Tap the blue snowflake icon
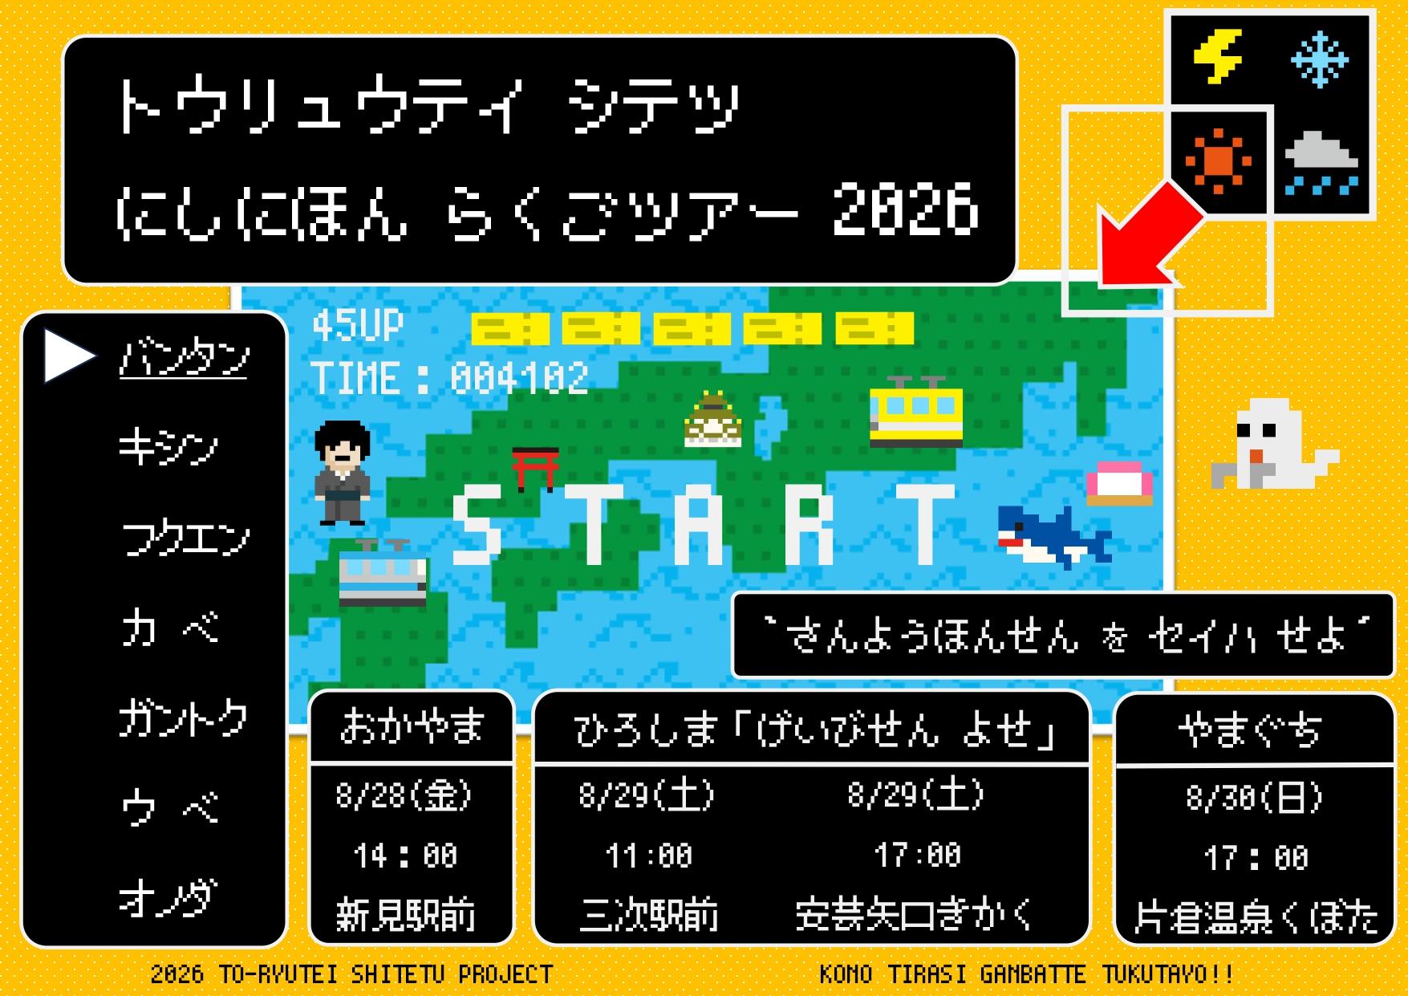pos(1320,59)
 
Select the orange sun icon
pos(1218,161)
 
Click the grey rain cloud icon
pos(1321,163)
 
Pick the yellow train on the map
pos(915,411)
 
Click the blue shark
pos(1054,536)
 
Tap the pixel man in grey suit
pos(343,473)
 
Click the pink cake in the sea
pos(1119,483)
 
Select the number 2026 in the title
pos(905,210)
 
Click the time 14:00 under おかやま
pos(406,856)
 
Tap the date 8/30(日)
pos(1255,798)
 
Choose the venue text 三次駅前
pos(648,915)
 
